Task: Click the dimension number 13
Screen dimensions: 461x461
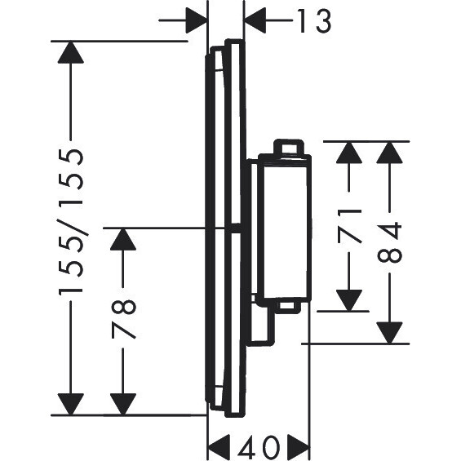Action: tap(315, 20)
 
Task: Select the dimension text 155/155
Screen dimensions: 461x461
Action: tap(71, 222)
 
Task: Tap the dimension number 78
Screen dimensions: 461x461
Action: tap(123, 319)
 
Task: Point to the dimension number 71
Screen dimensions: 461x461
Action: tap(349, 226)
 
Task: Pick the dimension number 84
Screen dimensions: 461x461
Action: tap(389, 242)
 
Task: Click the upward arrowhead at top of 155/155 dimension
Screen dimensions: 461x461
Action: tap(70, 52)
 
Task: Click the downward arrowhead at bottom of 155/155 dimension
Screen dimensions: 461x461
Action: tap(70, 405)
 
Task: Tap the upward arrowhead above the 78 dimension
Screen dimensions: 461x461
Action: tap(123, 239)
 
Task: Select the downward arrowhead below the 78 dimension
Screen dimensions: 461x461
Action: tap(123, 405)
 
